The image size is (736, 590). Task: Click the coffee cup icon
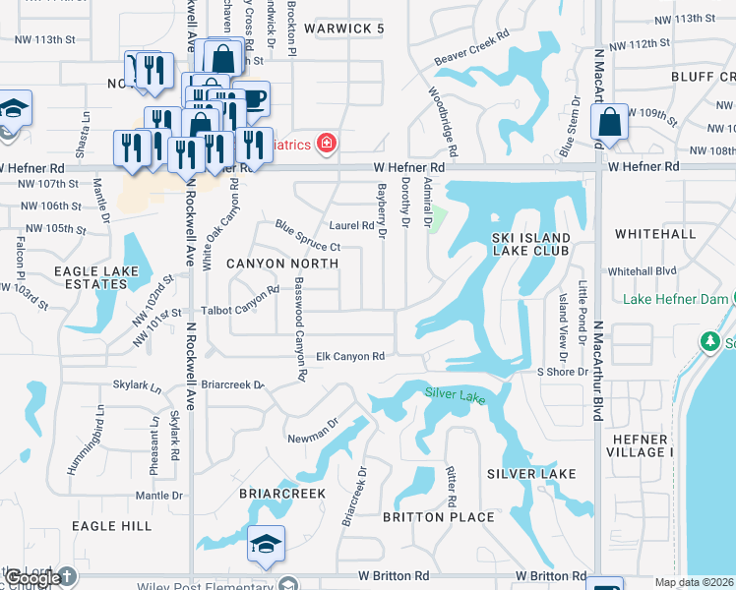[x=253, y=98]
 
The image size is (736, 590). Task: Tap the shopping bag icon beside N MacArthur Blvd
[x=609, y=123]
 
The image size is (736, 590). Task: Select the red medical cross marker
[x=326, y=145]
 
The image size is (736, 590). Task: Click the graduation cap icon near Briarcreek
[x=266, y=544]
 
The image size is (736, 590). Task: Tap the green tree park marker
[x=708, y=340]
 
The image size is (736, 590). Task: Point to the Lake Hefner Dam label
[x=677, y=299]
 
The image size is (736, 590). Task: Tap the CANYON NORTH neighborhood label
[x=282, y=264]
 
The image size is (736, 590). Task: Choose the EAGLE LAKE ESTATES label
[x=91, y=276]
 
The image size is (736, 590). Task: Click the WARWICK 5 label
[x=343, y=29]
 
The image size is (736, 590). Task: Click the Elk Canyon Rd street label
[x=349, y=356]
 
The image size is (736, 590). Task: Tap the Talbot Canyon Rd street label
[x=241, y=299]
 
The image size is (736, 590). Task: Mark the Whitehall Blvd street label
[x=642, y=270]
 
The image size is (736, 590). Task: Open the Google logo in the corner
[x=31, y=578]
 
